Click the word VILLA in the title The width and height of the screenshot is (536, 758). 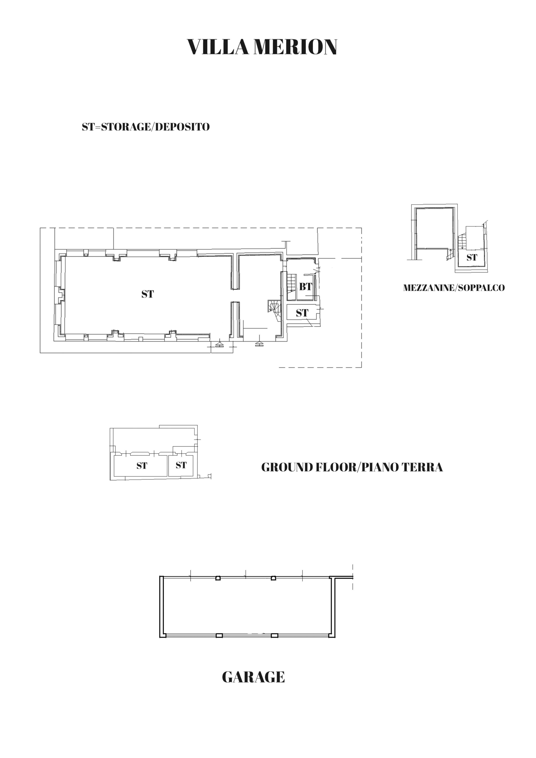pyautogui.click(x=218, y=47)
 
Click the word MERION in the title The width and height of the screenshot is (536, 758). pyautogui.click(x=295, y=47)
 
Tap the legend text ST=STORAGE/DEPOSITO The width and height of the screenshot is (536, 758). pyautogui.click(x=146, y=127)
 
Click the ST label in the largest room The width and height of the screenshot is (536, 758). pyautogui.click(x=148, y=294)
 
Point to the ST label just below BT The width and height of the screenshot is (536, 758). pyautogui.click(x=302, y=313)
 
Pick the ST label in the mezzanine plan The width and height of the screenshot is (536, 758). pyautogui.click(x=472, y=257)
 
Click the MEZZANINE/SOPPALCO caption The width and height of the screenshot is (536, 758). pyautogui.click(x=454, y=288)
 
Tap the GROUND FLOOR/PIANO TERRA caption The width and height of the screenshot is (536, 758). pyautogui.click(x=352, y=468)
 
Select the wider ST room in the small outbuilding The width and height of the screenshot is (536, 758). pyautogui.click(x=140, y=466)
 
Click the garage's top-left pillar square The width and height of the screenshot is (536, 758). pyautogui.click(x=218, y=578)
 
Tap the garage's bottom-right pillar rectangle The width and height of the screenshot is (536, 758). pyautogui.click(x=275, y=635)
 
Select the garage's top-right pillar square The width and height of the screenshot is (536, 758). pyautogui.click(x=273, y=578)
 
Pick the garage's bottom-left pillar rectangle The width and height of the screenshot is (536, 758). pyautogui.click(x=219, y=635)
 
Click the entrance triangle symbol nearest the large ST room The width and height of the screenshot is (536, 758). pyautogui.click(x=219, y=345)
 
